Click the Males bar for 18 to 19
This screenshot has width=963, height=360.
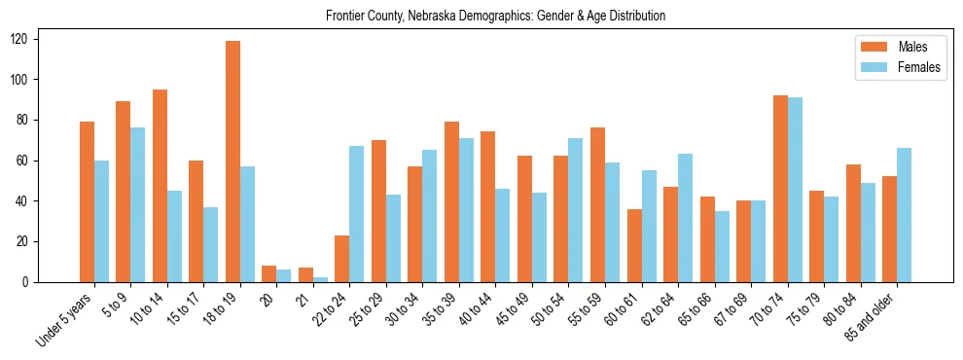click(232, 162)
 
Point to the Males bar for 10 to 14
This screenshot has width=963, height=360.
click(160, 186)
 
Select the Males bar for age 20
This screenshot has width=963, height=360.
click(269, 273)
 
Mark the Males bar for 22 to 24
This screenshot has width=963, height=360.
click(342, 259)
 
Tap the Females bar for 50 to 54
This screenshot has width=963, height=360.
click(576, 210)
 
